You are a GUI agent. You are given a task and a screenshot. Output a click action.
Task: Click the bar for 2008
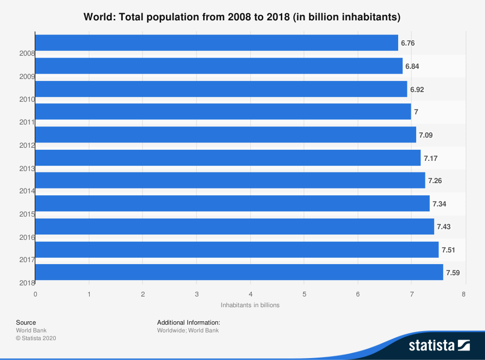pyautogui.click(x=216, y=43)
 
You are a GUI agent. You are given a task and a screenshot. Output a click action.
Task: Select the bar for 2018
pyautogui.click(x=239, y=272)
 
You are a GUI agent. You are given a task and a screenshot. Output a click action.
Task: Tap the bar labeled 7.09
pyautogui.click(x=226, y=135)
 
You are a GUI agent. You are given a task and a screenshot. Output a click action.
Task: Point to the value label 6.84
pyautogui.click(x=412, y=66)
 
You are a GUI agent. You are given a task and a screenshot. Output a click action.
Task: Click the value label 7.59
pyautogui.click(x=453, y=273)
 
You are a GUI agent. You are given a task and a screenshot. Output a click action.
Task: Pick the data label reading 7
pyautogui.click(x=416, y=112)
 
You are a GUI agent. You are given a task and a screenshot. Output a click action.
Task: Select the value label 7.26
pyautogui.click(x=435, y=181)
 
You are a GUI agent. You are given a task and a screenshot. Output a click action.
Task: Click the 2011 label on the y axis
pyautogui.click(x=27, y=122)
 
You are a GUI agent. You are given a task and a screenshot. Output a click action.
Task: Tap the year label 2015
pyautogui.click(x=27, y=214)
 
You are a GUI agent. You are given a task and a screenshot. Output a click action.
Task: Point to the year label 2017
pyautogui.click(x=27, y=260)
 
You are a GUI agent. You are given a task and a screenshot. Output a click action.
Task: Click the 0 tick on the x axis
pyautogui.click(x=35, y=294)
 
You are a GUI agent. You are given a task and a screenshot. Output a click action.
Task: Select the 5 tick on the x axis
pyautogui.click(x=304, y=294)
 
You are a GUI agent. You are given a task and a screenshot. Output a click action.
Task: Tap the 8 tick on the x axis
pyautogui.click(x=464, y=294)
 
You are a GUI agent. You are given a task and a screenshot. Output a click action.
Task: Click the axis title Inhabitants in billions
pyautogui.click(x=250, y=305)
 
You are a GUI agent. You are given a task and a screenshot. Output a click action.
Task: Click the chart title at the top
pyautogui.click(x=242, y=17)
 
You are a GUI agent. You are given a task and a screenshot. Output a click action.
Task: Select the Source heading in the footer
pyautogui.click(x=26, y=322)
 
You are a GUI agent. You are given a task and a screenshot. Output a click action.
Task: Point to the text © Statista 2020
pyautogui.click(x=36, y=338)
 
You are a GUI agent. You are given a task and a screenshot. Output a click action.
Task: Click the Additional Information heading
pyautogui.click(x=189, y=322)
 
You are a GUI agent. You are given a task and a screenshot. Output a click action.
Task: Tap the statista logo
pyautogui.click(x=439, y=345)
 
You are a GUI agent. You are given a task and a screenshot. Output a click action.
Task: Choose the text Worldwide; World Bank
pyautogui.click(x=188, y=330)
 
